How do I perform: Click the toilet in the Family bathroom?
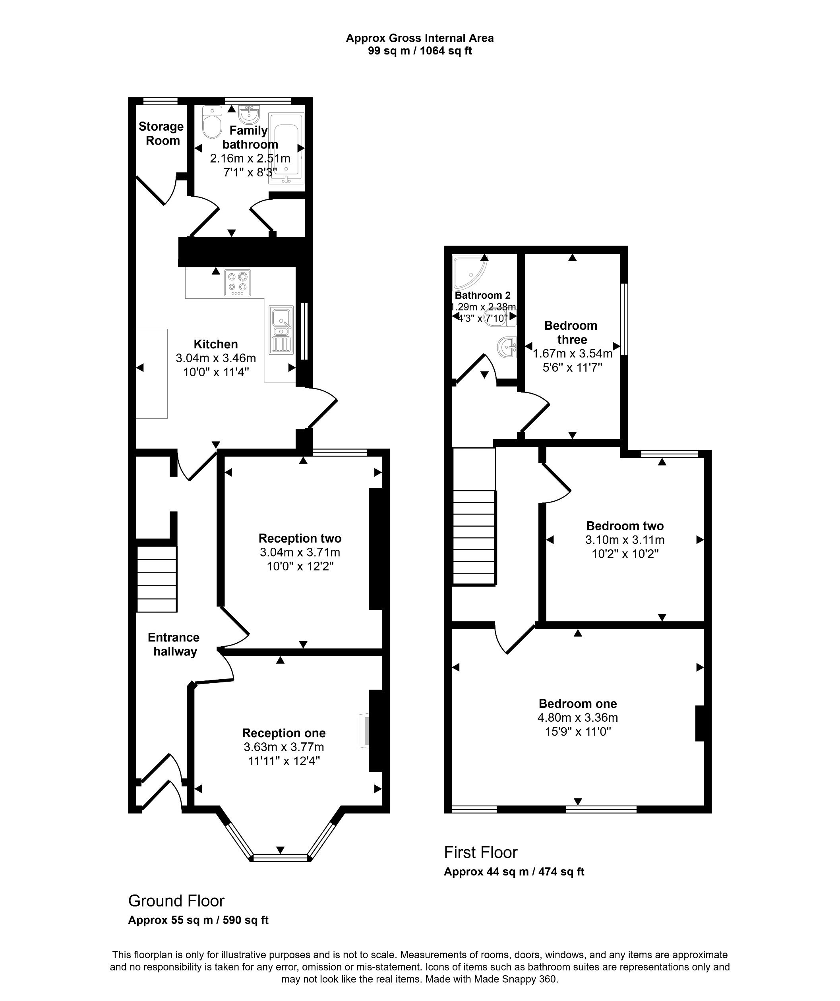(x=212, y=124)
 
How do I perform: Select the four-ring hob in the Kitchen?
(x=237, y=283)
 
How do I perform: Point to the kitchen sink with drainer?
(x=281, y=330)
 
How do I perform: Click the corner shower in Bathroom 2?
(x=468, y=272)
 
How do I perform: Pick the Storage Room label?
(x=162, y=133)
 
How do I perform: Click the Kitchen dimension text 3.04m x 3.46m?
(x=215, y=358)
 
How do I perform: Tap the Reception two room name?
(x=300, y=538)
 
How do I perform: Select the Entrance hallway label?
(x=174, y=644)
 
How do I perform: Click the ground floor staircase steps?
(x=157, y=579)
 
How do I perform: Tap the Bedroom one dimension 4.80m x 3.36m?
(x=577, y=717)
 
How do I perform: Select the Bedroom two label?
(x=625, y=526)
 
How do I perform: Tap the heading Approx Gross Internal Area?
(x=420, y=38)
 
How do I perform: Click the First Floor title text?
(x=480, y=852)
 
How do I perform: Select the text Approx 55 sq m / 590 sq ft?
(x=198, y=920)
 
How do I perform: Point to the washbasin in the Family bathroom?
(x=249, y=114)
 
